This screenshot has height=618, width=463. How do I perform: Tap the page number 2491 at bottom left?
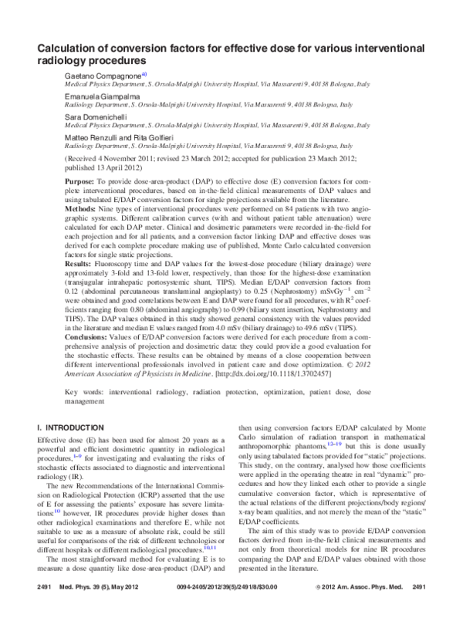(x=46, y=610)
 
